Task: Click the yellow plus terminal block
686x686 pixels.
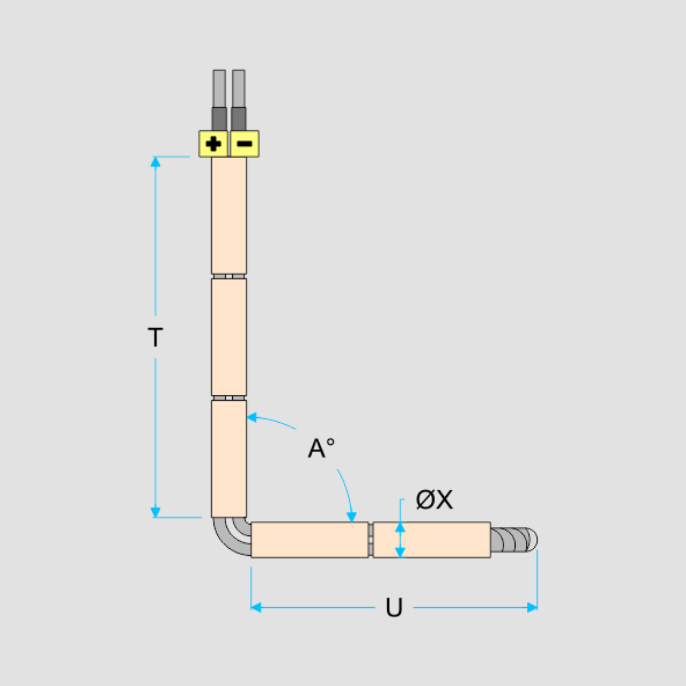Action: (x=213, y=144)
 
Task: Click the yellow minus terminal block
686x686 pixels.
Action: (x=244, y=144)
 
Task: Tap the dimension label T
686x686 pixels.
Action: (x=155, y=337)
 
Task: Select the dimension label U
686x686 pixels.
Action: (x=394, y=607)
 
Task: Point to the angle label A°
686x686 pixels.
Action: (x=322, y=448)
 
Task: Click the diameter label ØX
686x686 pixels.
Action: (x=434, y=499)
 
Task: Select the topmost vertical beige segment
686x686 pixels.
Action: (x=229, y=215)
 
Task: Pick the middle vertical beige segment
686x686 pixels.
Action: (x=229, y=337)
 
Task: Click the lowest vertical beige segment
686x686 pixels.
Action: (x=229, y=459)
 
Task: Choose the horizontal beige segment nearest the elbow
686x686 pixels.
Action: (x=310, y=540)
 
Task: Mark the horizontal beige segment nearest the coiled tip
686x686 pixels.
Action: (x=432, y=540)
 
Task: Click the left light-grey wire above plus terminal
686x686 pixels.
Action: (x=219, y=89)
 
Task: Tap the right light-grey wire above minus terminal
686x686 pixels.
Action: (x=238, y=89)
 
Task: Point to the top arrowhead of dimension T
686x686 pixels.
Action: (x=155, y=161)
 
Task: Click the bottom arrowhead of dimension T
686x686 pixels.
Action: (x=155, y=512)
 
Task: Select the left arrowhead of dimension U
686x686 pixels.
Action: (x=256, y=607)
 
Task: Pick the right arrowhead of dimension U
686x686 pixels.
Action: (x=532, y=607)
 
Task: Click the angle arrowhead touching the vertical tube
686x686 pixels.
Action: (x=252, y=417)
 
